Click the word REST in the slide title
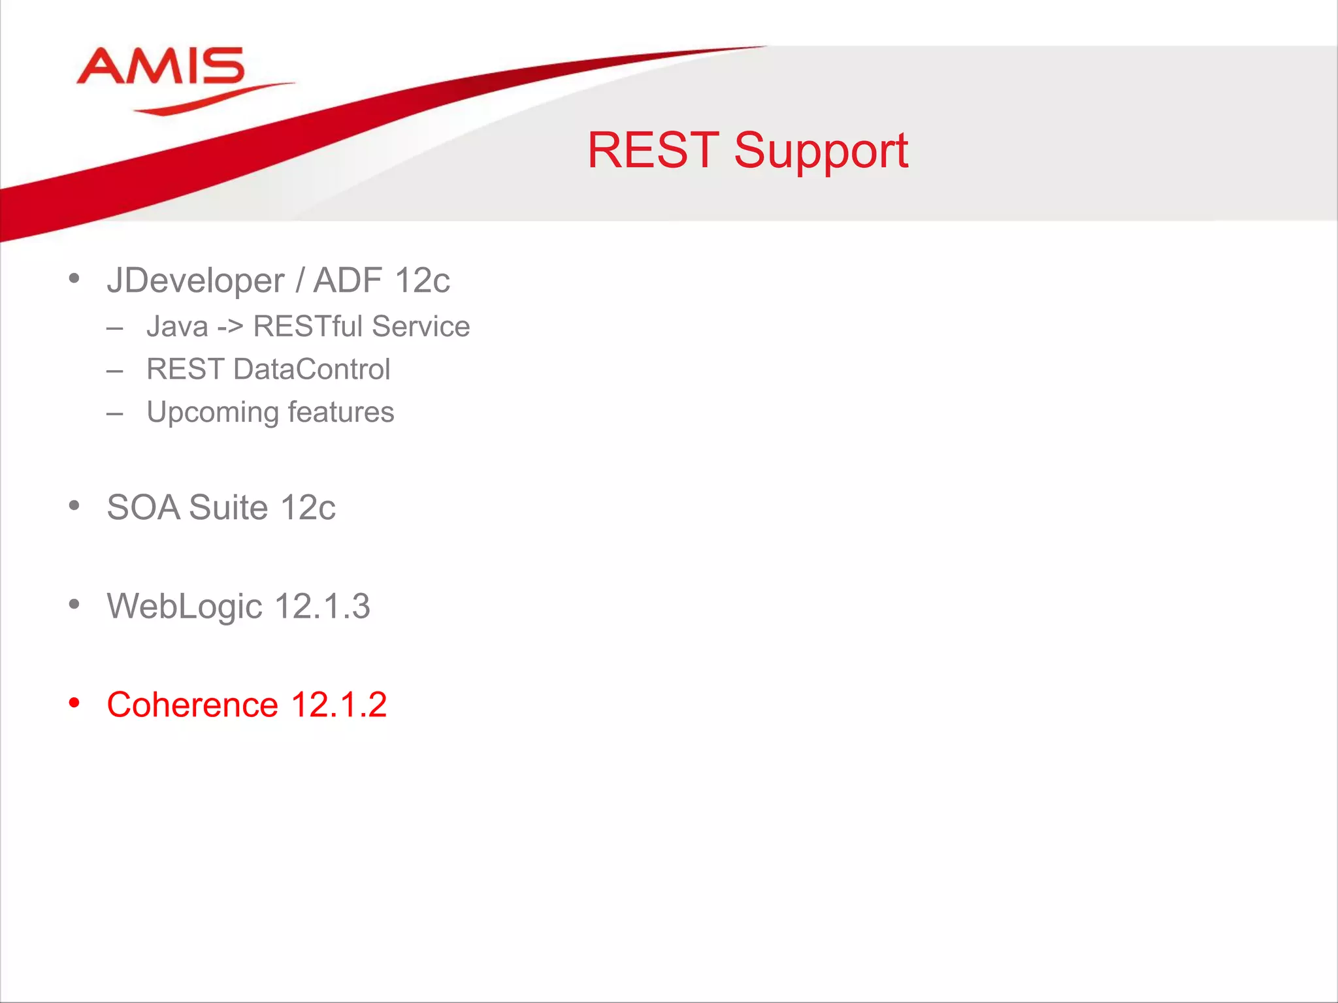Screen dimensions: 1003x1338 653,151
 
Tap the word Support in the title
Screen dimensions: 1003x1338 821,151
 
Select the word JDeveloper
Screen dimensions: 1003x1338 195,281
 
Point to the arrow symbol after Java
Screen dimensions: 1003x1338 229,326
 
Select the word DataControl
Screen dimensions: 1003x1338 312,370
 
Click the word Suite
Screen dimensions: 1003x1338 228,507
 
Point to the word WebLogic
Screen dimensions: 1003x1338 184,607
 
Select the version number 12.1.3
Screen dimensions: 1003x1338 322,607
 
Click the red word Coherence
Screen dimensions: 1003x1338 193,705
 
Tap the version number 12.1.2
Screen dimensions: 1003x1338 338,705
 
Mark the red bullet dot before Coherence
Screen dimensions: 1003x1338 74,703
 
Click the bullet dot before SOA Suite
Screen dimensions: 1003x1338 74,505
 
